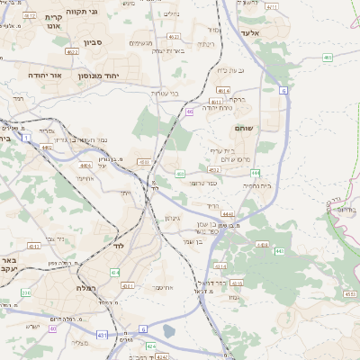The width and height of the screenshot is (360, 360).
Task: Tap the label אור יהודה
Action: (x=49, y=76)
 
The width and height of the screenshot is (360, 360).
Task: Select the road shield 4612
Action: (x=30, y=16)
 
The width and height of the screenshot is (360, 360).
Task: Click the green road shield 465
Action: (x=327, y=58)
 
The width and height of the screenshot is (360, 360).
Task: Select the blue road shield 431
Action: (x=102, y=334)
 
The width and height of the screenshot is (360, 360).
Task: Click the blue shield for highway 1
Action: (x=27, y=137)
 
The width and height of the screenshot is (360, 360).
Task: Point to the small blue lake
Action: (x=170, y=331)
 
